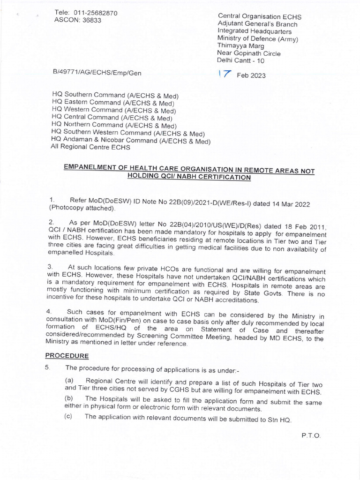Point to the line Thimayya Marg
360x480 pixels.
pos(240,46)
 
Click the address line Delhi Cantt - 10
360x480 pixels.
pos(240,60)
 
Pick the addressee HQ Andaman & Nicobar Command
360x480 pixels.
pos(130,140)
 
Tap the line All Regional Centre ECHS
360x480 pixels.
pos(90,147)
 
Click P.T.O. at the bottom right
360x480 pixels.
pos(311,435)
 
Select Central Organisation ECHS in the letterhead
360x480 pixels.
pos(259,17)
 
